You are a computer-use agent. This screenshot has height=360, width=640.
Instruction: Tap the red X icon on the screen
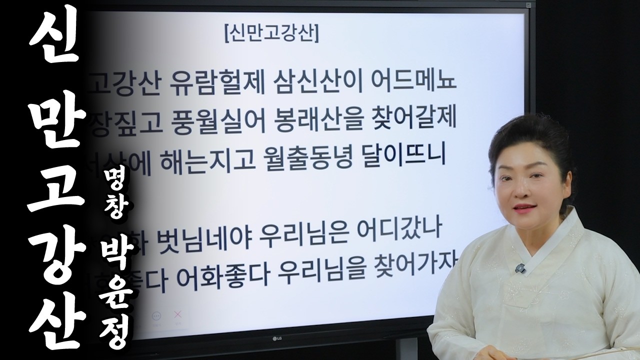(x=176, y=315)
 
